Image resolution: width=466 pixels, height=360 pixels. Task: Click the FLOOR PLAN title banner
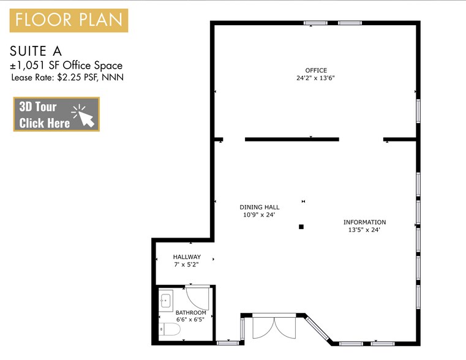click(69, 20)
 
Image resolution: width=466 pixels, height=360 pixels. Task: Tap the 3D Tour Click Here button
click(56, 114)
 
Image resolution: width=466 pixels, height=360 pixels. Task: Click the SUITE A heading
click(37, 51)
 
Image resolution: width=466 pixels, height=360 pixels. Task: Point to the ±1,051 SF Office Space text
click(66, 65)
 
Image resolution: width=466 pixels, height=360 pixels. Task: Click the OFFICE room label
click(316, 70)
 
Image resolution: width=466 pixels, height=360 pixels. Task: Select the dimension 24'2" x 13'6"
click(316, 78)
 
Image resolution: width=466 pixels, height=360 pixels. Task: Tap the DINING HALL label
click(260, 208)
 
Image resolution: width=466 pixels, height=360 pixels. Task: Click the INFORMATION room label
click(364, 222)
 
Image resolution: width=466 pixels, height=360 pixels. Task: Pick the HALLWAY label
click(187, 257)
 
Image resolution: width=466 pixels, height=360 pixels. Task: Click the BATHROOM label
click(190, 313)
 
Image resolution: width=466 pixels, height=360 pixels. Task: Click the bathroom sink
click(165, 301)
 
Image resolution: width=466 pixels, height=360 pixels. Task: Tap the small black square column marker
click(301, 227)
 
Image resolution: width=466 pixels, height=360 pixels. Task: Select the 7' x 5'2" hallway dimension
click(187, 264)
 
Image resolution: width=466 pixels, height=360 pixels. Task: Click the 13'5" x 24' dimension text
click(364, 230)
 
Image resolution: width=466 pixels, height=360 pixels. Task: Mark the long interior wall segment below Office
click(292, 140)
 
